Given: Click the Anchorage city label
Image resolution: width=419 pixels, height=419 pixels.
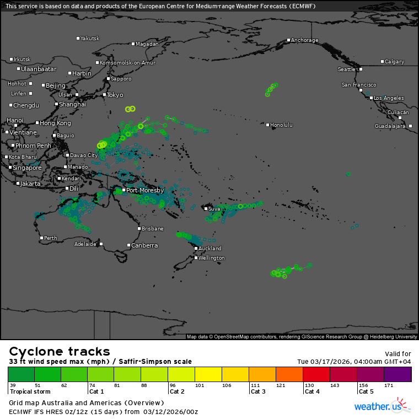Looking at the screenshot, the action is [x=304, y=40].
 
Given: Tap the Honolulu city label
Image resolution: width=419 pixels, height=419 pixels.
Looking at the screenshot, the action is [x=281, y=125].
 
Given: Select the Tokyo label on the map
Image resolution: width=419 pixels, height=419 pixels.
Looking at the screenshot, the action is [x=115, y=95].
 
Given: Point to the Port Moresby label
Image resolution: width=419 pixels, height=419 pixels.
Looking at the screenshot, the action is [x=145, y=190].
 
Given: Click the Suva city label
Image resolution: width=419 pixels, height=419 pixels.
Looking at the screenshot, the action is [x=214, y=209].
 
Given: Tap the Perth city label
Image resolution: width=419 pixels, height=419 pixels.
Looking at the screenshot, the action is [x=50, y=238].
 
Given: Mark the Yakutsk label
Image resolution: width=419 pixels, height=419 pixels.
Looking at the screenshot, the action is [x=90, y=39].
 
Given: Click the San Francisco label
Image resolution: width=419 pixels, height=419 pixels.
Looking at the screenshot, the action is [x=359, y=85].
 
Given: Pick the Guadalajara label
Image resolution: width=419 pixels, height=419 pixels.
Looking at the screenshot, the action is [x=390, y=126].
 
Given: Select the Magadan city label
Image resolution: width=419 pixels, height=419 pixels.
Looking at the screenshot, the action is [x=147, y=44].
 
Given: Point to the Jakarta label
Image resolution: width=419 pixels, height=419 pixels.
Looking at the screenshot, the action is [x=30, y=184].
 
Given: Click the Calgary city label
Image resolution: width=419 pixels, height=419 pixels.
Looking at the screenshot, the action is [x=394, y=62].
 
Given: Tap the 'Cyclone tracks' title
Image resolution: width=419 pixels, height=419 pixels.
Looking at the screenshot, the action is [x=60, y=352].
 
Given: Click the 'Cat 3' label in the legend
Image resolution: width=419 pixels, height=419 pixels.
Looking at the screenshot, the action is [x=259, y=391].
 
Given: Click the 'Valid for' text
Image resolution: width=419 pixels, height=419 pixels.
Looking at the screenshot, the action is [x=399, y=354].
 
